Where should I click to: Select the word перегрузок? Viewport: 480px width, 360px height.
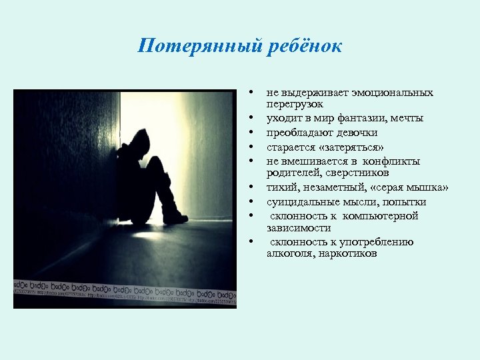tap(295, 104)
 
